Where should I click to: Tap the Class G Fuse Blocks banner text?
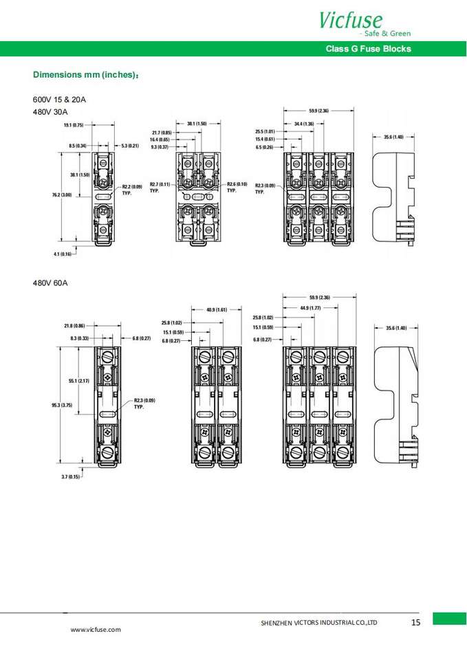tap(368, 49)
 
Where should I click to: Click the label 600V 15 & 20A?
tap(59, 99)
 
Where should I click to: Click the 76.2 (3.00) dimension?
tap(62, 196)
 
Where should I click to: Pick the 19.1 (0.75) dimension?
tap(73, 125)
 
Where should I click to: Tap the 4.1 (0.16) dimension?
tap(62, 254)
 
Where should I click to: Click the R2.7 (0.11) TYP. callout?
tap(160, 188)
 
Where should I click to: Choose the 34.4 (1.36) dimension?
tap(304, 124)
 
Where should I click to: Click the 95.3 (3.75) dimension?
tap(62, 405)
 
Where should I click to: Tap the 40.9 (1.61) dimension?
tap(216, 310)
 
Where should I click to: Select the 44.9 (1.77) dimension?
tap(310, 307)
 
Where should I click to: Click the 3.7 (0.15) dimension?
tap(71, 476)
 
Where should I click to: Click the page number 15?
tap(415, 623)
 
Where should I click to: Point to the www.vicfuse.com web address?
tap(96, 630)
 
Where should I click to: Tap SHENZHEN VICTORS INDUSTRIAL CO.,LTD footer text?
tap(319, 623)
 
